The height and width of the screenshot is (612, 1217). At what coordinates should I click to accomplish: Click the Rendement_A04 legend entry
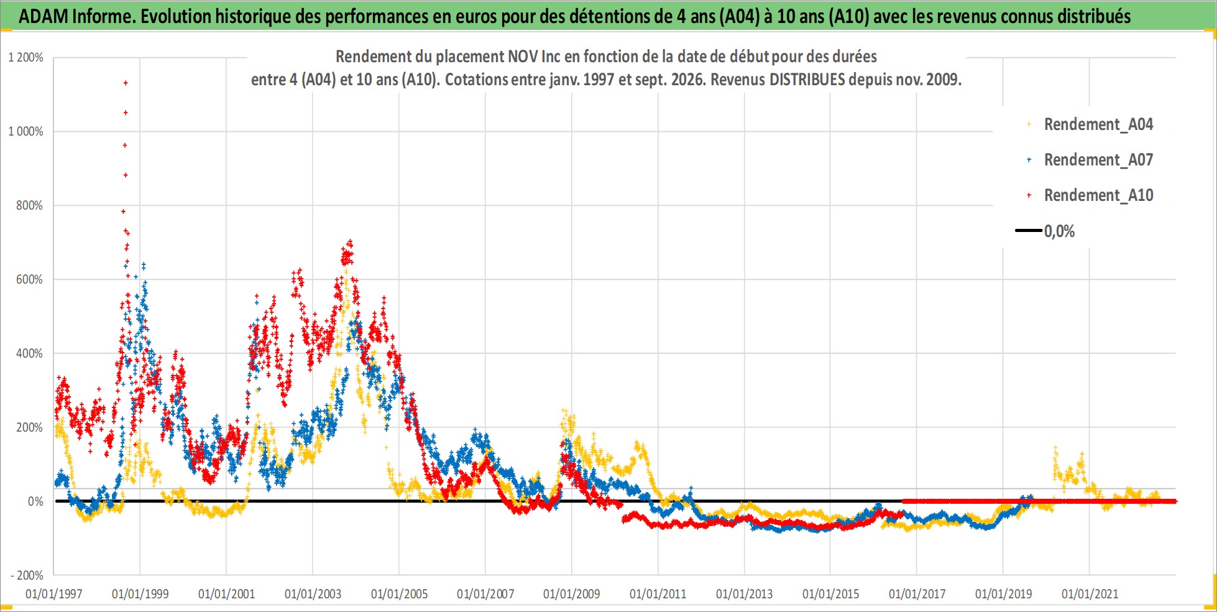click(1090, 124)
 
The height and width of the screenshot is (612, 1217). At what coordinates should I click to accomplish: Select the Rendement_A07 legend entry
click(1090, 160)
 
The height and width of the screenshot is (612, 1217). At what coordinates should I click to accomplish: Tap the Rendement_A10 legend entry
click(1090, 195)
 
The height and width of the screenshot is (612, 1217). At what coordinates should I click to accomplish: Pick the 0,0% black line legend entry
click(1045, 231)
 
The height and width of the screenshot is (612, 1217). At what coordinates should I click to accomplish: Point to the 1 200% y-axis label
click(25, 58)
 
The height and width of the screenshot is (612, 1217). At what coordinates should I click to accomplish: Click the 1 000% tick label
click(25, 131)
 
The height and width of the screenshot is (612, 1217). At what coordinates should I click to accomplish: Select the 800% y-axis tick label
click(30, 205)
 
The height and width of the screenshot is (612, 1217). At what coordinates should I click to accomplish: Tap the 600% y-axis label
click(30, 279)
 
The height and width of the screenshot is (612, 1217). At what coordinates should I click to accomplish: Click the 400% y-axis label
click(30, 353)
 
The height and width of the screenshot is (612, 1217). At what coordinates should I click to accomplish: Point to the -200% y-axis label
click(27, 575)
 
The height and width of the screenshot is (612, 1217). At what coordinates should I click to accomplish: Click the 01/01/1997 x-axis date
click(54, 594)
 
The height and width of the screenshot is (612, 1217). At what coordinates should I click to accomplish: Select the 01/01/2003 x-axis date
click(313, 594)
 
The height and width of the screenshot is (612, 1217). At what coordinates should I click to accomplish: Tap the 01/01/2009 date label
click(572, 594)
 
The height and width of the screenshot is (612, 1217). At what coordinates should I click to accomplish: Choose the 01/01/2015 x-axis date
click(830, 594)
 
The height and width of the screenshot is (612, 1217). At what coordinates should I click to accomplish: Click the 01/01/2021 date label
click(1090, 594)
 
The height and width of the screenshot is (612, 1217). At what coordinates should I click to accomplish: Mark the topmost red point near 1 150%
click(126, 83)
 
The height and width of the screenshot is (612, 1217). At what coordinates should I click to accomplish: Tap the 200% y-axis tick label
click(30, 427)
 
